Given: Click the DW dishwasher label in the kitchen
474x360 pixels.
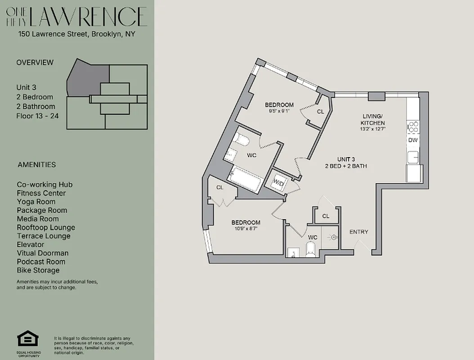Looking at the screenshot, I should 413,140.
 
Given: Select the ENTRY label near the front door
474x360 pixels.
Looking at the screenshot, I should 358,232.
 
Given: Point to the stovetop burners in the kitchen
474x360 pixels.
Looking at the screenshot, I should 413,127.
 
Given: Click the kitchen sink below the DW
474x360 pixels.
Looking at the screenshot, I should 413,157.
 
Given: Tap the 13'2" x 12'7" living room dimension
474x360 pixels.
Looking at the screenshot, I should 373,129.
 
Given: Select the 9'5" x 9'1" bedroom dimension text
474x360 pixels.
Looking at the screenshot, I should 279,111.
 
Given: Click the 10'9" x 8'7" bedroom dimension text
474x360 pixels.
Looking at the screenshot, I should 246,229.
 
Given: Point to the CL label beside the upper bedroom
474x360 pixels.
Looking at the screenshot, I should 320,112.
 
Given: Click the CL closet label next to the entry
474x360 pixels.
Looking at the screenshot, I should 326,216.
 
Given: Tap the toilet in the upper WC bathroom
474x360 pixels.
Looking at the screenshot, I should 241,141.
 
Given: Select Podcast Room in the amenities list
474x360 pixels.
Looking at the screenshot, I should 41,262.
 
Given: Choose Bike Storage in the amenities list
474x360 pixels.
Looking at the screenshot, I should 38,270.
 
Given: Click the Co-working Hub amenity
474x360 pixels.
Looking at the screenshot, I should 45,184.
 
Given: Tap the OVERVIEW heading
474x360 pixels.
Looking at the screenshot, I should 35,63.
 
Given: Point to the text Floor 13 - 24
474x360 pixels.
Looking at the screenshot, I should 37,116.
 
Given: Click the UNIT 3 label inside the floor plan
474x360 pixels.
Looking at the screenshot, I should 346,159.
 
